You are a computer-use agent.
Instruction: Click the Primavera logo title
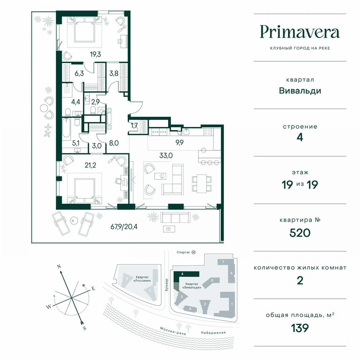[x=300, y=32]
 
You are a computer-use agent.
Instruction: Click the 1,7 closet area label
[x=135, y=125]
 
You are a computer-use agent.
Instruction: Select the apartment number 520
[x=300, y=232]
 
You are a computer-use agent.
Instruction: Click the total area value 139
[x=300, y=328]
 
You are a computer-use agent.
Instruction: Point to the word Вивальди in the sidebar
[x=300, y=90]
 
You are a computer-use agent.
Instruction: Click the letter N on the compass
[x=59, y=266]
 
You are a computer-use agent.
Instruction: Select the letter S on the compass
[x=85, y=328]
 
